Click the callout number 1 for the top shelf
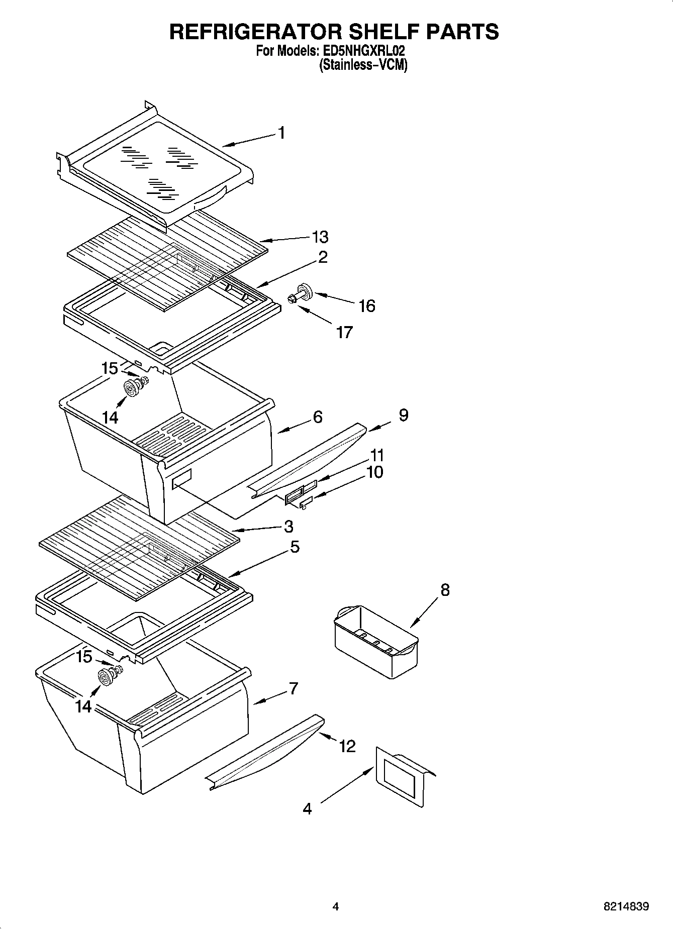click(281, 133)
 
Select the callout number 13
click(320, 237)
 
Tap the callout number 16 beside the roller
click(367, 305)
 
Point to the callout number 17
click(344, 332)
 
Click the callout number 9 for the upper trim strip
click(403, 415)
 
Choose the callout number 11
click(377, 455)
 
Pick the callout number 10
click(375, 472)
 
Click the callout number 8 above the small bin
click(445, 589)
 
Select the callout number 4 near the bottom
click(307, 808)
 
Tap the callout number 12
click(347, 746)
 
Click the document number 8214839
click(626, 907)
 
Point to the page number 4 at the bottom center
click(336, 907)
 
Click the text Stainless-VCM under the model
click(363, 65)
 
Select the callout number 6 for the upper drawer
click(317, 417)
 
